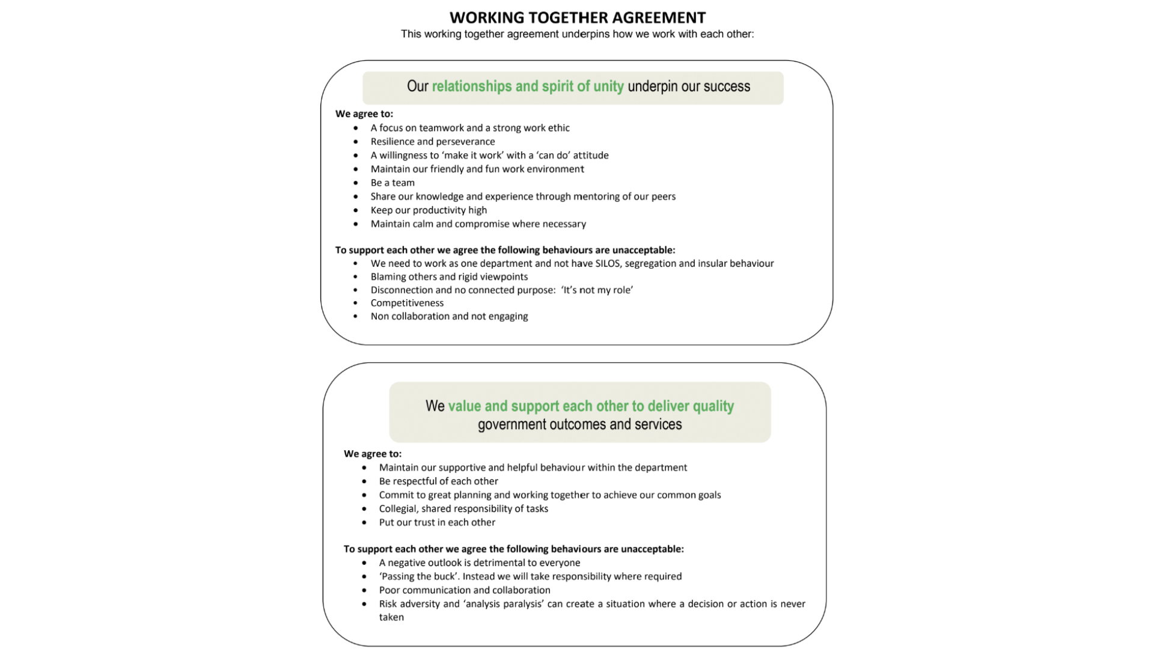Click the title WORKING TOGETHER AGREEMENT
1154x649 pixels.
(577, 17)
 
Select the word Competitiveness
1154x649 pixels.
(407, 303)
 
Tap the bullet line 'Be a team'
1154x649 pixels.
(392, 183)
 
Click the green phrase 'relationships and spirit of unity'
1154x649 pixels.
(528, 87)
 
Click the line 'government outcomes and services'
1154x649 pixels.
(579, 424)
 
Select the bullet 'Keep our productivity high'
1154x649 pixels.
(429, 210)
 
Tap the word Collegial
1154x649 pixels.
(398, 509)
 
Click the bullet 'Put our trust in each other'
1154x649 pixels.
(437, 523)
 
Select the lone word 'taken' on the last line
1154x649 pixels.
(391, 617)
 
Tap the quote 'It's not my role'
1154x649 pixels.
(597, 290)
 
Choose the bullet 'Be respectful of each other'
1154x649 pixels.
(438, 481)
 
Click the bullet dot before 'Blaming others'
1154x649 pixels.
(356, 277)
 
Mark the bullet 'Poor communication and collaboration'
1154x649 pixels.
(465, 591)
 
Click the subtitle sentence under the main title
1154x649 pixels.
(577, 34)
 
